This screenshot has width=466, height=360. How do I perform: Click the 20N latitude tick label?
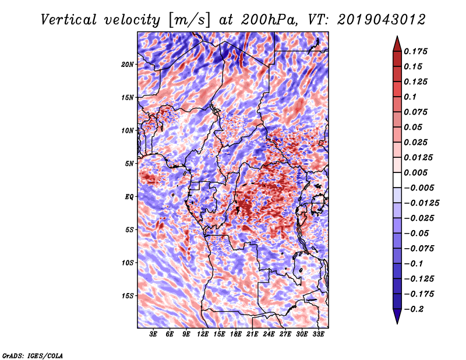(x=128, y=64)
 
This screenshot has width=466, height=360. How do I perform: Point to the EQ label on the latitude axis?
(x=129, y=197)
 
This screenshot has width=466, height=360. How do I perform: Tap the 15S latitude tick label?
(x=128, y=296)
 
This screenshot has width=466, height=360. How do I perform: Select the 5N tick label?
(x=129, y=164)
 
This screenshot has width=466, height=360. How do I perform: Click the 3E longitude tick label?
(x=154, y=335)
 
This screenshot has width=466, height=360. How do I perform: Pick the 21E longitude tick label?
(x=252, y=335)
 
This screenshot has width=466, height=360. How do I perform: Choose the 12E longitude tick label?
(x=203, y=335)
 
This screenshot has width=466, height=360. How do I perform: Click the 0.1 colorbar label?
(x=410, y=97)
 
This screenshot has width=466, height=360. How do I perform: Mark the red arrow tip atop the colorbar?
(x=397, y=38)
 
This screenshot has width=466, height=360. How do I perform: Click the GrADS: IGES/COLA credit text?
(x=33, y=355)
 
